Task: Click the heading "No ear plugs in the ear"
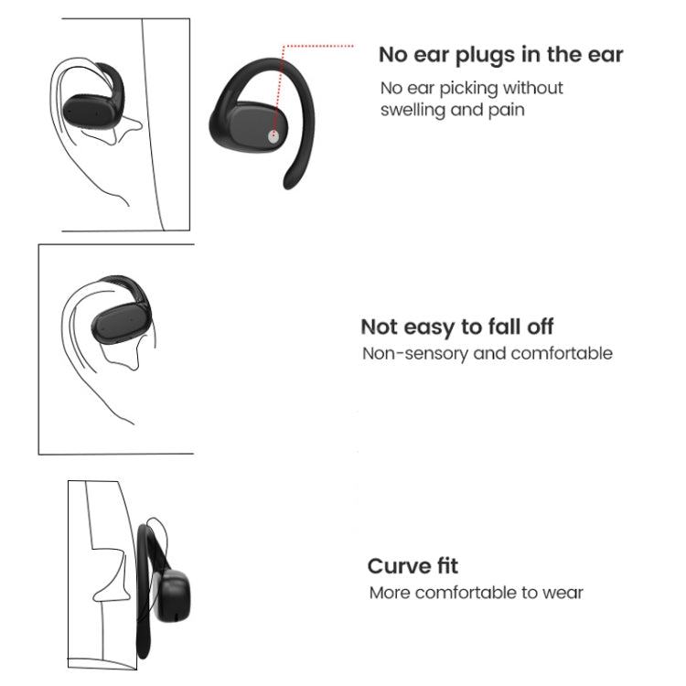[500, 55]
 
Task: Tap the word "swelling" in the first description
[415, 110]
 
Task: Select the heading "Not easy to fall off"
[456, 327]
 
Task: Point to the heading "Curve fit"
[413, 565]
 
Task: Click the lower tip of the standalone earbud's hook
[290, 183]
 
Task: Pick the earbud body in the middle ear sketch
[114, 322]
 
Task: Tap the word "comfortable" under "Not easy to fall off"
[561, 353]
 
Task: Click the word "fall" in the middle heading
[503, 327]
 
